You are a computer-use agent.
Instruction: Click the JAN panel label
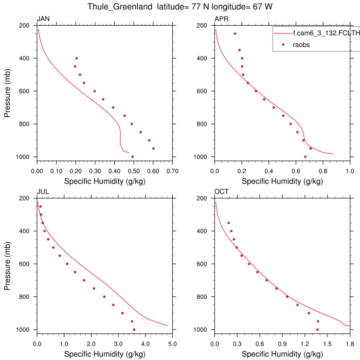coord(43,20)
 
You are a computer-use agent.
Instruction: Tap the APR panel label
coord(221,20)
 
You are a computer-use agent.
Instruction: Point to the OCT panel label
coord(221,192)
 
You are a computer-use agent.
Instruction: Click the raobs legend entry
coord(301,45)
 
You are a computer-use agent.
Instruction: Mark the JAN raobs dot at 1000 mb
coord(133,157)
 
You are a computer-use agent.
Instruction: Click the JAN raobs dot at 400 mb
coord(77,58)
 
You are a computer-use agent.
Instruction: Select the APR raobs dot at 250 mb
coord(235,34)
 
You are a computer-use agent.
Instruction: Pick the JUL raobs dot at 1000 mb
coord(134,330)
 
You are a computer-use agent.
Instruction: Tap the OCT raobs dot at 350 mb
coord(229,223)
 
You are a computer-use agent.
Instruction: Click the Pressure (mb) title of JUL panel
coord(8,264)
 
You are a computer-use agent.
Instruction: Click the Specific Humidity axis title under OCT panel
coord(282,354)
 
